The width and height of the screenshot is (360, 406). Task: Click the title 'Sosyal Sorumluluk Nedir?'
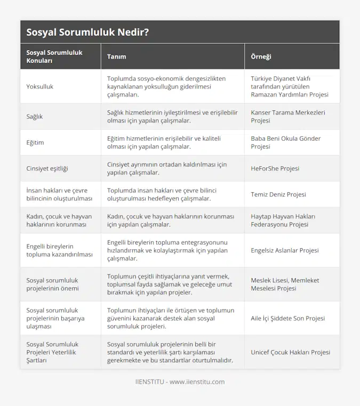(87, 32)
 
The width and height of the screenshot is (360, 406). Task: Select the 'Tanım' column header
(117, 56)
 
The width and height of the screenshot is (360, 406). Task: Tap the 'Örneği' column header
(262, 56)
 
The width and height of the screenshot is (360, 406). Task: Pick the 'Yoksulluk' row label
(40, 86)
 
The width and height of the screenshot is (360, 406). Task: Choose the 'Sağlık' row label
(35, 116)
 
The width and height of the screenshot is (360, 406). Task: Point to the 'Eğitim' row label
(36, 142)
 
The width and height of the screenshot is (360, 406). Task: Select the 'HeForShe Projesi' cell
(275, 168)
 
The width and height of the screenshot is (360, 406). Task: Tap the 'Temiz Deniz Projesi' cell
(278, 194)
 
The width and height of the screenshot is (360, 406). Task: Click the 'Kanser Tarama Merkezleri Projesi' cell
(288, 116)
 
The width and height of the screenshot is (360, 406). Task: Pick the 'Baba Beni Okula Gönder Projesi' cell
(286, 142)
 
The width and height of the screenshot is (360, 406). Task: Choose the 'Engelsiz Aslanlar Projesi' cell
(285, 250)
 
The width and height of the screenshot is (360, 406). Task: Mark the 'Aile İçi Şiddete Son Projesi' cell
(288, 318)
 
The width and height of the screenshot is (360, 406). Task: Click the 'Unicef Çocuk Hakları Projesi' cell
(290, 352)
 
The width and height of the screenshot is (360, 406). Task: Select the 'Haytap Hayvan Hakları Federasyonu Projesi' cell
(283, 220)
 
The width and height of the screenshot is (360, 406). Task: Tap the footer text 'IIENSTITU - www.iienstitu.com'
(180, 381)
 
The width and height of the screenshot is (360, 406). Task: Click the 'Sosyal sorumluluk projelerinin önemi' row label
(52, 284)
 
